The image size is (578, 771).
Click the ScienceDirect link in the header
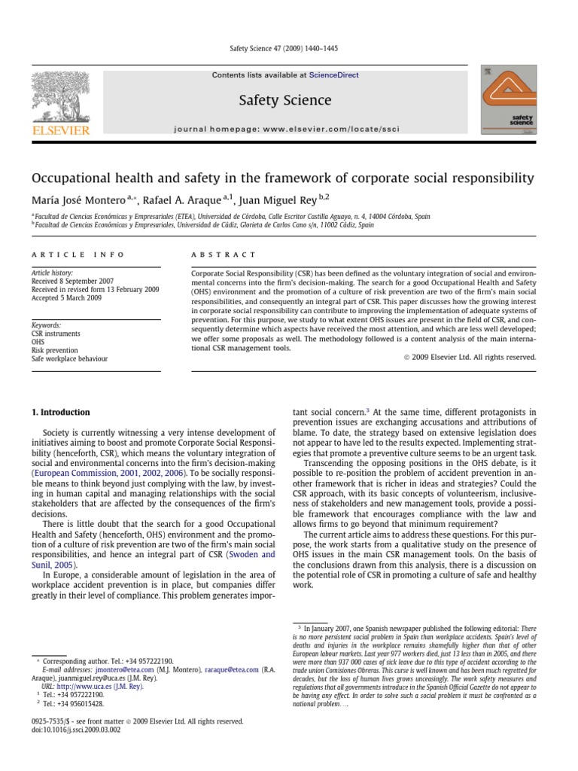coord(334,76)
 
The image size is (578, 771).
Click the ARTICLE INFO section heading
coord(78,254)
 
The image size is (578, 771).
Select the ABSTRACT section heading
coord(224,254)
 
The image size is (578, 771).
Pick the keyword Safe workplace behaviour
coord(69,358)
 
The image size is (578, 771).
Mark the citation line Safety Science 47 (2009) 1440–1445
coord(283,49)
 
